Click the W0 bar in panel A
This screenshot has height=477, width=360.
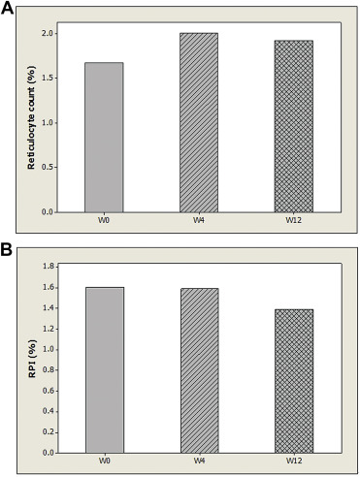104,137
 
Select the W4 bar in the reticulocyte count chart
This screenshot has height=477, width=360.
199,122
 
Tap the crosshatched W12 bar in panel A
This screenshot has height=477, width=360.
293,126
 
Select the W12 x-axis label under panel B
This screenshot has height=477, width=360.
293,460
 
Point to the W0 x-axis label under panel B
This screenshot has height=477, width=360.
104,460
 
